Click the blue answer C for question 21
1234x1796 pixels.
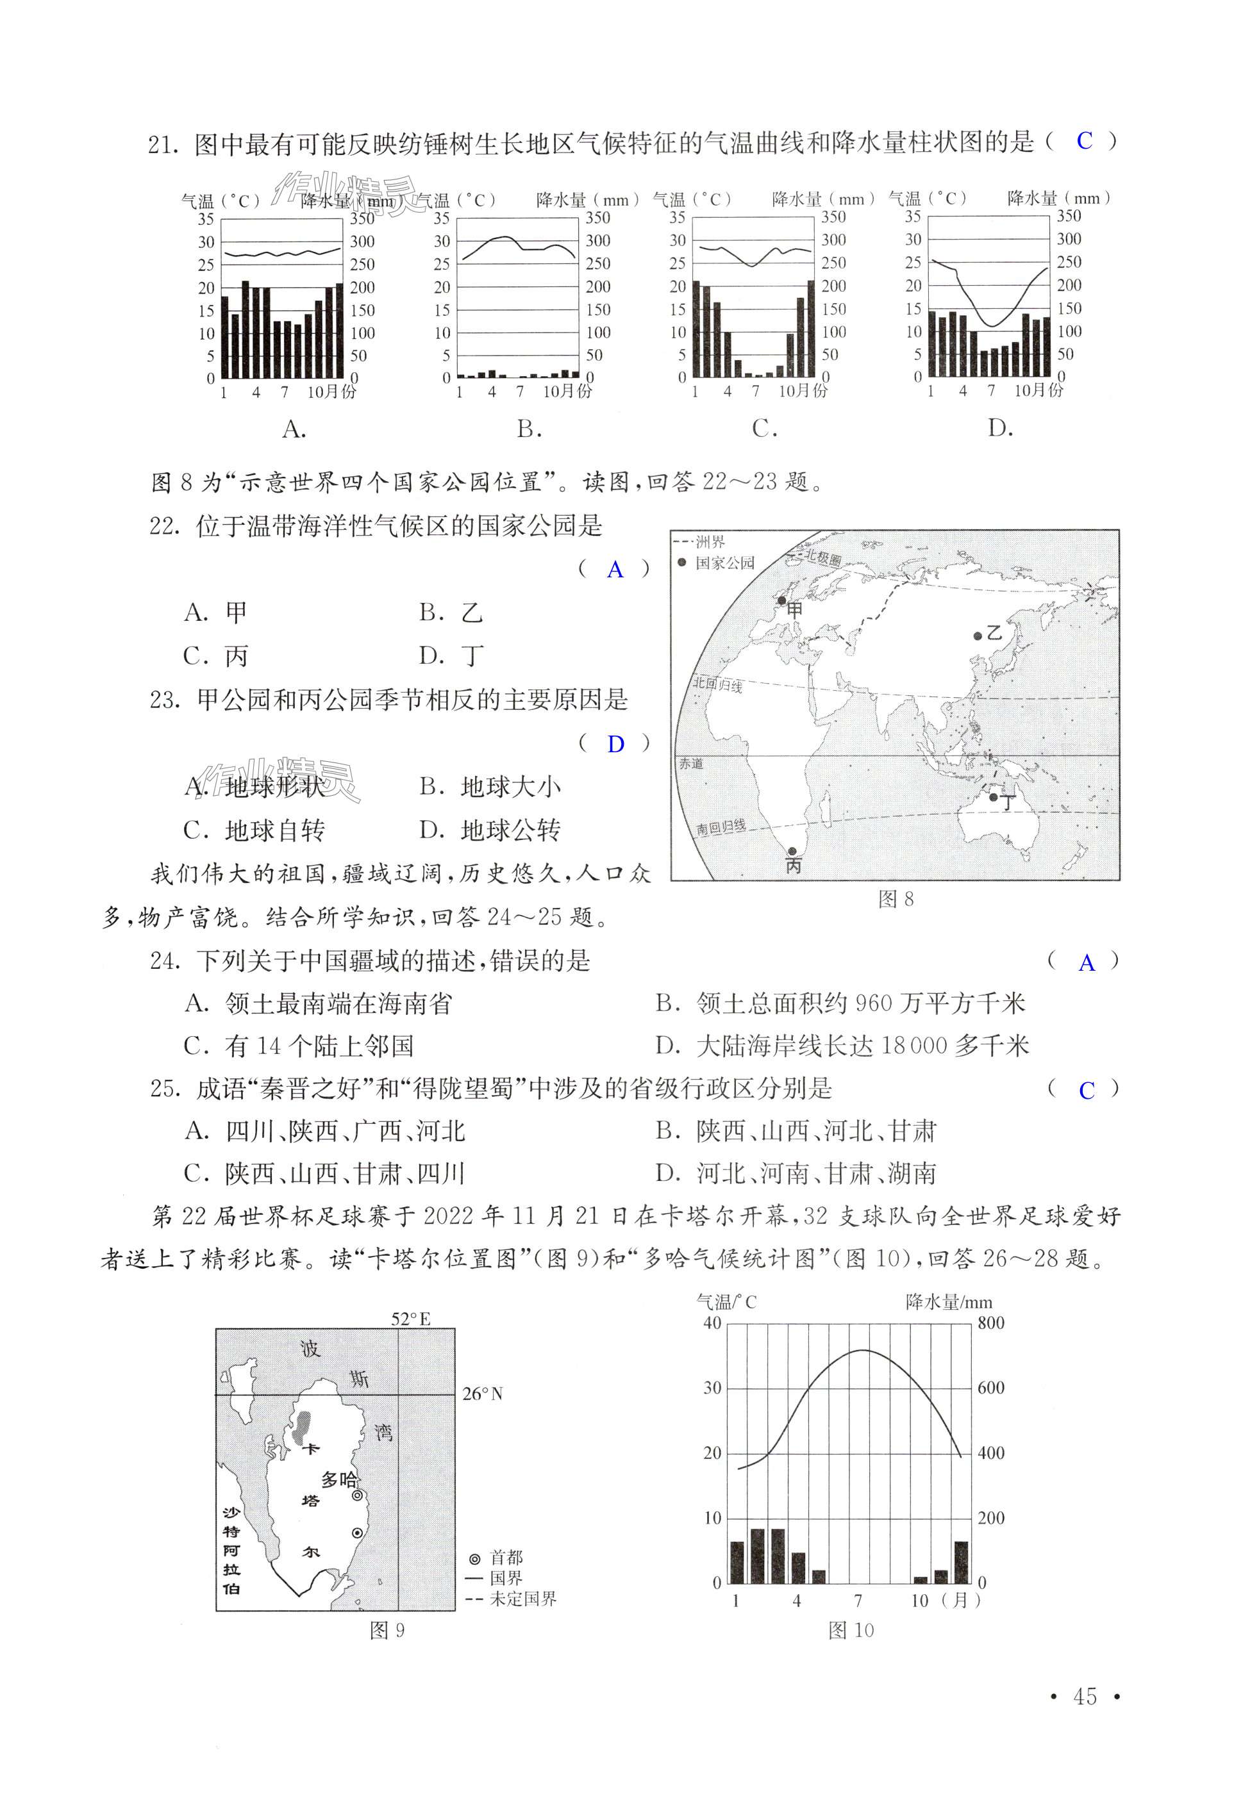pos(1084,141)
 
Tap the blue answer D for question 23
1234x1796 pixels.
pos(615,743)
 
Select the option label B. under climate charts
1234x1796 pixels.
pos(529,429)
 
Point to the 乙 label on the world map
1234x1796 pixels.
pos(994,633)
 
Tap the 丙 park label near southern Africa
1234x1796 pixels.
pos(794,866)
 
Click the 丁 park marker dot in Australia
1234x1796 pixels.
pos(994,796)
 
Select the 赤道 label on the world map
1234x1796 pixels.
pos(691,764)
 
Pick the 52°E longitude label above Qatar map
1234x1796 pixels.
pos(410,1319)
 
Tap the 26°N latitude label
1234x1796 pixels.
pos(483,1394)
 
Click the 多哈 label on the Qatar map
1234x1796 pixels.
pos(340,1479)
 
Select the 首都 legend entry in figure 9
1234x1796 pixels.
pos(497,1557)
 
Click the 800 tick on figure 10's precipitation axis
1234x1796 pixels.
pos(991,1322)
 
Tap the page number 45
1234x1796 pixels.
pos(1085,1696)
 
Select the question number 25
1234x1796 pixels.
pos(165,1089)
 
